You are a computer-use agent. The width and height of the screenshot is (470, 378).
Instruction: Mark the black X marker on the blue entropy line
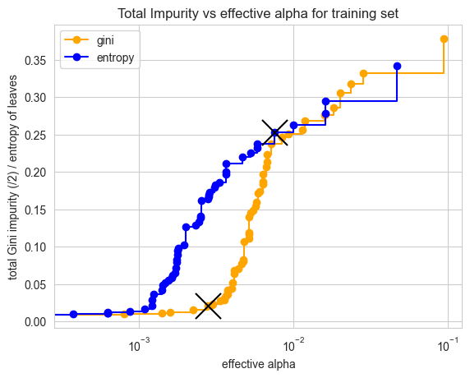point(274,132)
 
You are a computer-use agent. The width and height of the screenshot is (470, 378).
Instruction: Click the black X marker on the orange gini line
point(209,306)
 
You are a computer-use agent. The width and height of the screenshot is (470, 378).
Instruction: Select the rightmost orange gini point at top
point(444,39)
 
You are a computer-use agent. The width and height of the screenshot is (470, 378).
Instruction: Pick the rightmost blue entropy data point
point(397,66)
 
